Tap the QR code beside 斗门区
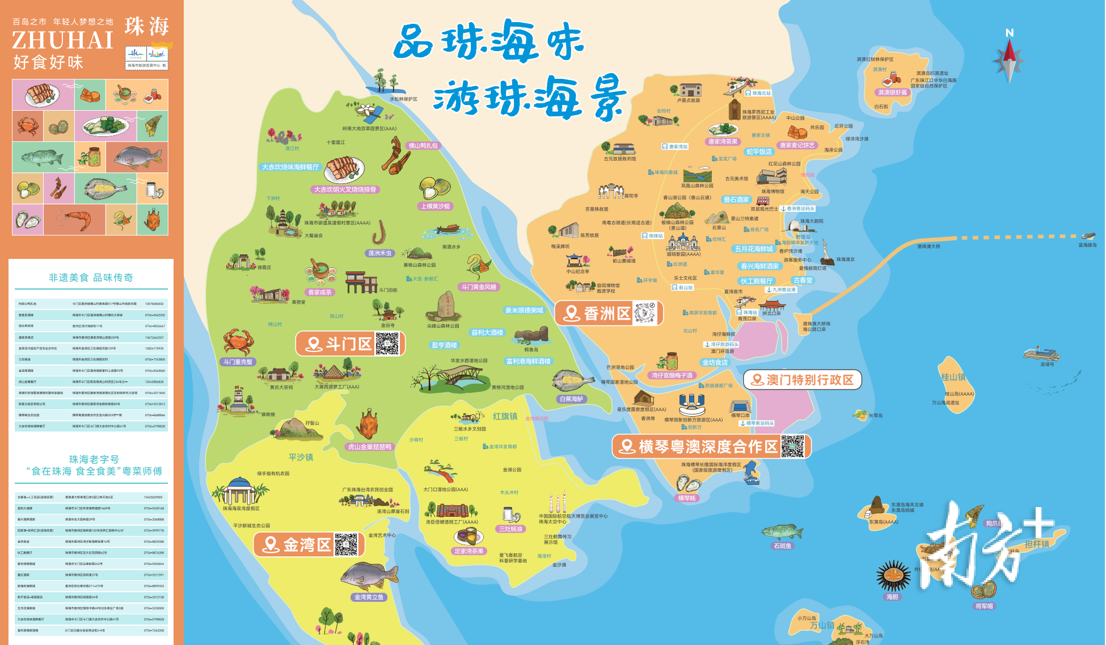pyautogui.click(x=387, y=344)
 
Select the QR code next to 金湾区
pyautogui.click(x=346, y=545)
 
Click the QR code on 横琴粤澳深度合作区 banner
pyautogui.click(x=792, y=446)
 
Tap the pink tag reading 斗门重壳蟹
pyautogui.click(x=238, y=362)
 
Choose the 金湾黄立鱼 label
pyautogui.click(x=369, y=597)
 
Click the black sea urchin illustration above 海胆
pyautogui.click(x=893, y=575)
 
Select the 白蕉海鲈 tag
pyautogui.click(x=572, y=399)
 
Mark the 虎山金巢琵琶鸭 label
pyautogui.click(x=370, y=447)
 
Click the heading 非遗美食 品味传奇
pyautogui.click(x=91, y=278)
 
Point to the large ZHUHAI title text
pyautogui.click(x=63, y=40)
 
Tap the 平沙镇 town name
pyautogui.click(x=301, y=457)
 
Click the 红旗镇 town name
pyautogui.click(x=505, y=416)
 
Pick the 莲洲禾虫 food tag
pyautogui.click(x=380, y=253)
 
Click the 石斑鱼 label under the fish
pyautogui.click(x=782, y=546)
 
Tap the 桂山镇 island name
pyautogui.click(x=953, y=377)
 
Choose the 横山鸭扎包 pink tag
pyautogui.click(x=423, y=146)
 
